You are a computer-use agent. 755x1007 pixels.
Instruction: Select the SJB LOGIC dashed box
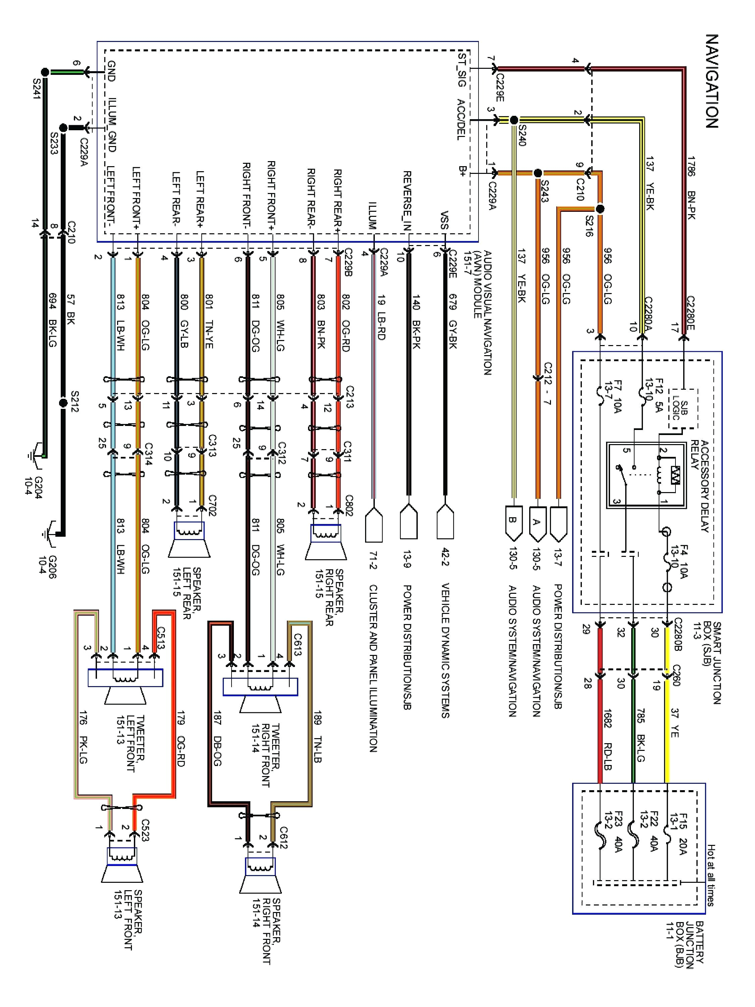pos(683,409)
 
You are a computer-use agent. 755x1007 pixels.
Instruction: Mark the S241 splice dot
pos(45,72)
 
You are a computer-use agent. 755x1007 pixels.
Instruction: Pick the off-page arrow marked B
pos(513,522)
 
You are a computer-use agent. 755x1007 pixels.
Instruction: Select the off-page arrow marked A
pos(538,522)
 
